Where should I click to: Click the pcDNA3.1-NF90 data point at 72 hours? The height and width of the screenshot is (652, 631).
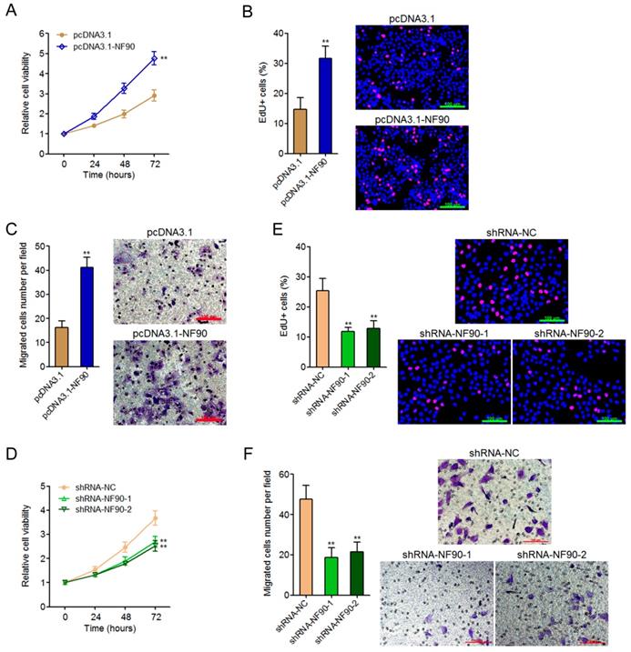[154, 59]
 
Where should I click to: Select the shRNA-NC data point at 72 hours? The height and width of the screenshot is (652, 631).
[156, 518]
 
